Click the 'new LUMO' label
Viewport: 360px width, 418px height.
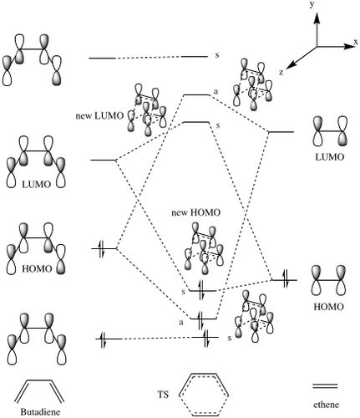[x=99, y=115]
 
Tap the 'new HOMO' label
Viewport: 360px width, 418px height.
[x=195, y=213]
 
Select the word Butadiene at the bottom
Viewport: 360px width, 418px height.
[x=40, y=412]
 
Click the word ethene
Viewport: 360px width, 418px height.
[x=326, y=405]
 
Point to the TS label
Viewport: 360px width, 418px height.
[x=163, y=395]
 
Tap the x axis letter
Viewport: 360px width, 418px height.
[x=356, y=42]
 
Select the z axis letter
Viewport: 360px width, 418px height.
[x=281, y=72]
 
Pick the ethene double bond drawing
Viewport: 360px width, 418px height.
[x=325, y=386]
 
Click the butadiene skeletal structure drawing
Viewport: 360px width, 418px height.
[x=39, y=380]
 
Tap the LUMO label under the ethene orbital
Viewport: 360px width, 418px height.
[x=329, y=157]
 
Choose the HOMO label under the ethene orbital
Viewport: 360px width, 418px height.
[x=328, y=307]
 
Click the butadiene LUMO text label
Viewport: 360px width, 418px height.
[x=37, y=184]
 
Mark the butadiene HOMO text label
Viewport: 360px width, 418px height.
[x=37, y=269]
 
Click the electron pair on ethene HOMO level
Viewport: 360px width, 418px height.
[x=285, y=279]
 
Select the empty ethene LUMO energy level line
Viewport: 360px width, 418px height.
[x=281, y=131]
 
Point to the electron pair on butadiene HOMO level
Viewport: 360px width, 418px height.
[x=102, y=248]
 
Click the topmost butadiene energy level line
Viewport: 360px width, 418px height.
[x=102, y=59]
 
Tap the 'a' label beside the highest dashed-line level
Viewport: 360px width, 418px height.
[x=215, y=91]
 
